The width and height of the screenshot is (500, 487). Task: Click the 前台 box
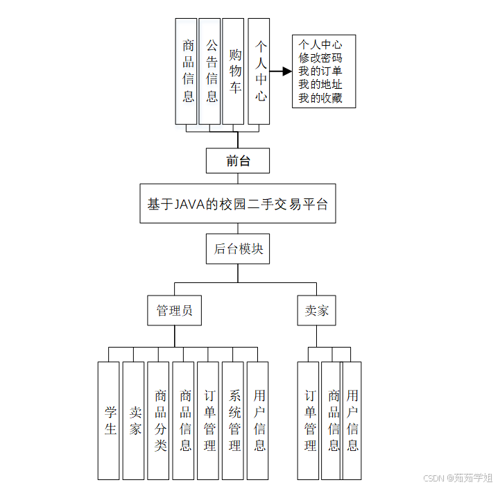tap(237, 161)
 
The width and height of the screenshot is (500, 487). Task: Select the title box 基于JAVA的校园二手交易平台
tap(237, 203)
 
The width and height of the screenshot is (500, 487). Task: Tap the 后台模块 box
tap(237, 249)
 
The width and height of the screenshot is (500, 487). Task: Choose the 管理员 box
tap(174, 310)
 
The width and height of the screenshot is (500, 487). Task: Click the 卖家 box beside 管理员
tap(316, 310)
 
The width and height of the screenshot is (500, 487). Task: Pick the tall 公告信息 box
tap(210, 71)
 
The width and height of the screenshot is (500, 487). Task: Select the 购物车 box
tap(234, 71)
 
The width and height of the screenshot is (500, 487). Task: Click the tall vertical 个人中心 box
tap(259, 71)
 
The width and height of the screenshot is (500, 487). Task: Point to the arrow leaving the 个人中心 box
tap(281, 71)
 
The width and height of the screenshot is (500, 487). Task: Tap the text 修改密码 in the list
tap(320, 58)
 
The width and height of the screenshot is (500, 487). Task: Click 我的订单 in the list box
tap(320, 71)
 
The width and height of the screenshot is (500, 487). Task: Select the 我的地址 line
tap(320, 85)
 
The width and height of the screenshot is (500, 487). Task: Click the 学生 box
tap(109, 420)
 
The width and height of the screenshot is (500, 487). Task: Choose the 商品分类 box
tap(159, 420)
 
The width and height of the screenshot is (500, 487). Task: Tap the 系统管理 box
tap(234, 420)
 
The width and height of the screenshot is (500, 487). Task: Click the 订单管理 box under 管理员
tap(209, 420)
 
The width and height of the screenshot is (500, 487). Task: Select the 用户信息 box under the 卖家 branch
tap(353, 420)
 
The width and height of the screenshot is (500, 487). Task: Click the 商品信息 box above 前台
tap(187, 71)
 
